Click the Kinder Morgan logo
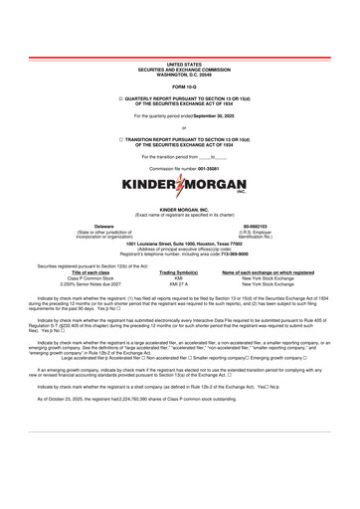coord(179,186)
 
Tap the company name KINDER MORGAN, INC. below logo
coord(179,211)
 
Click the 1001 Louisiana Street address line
coord(179,242)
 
